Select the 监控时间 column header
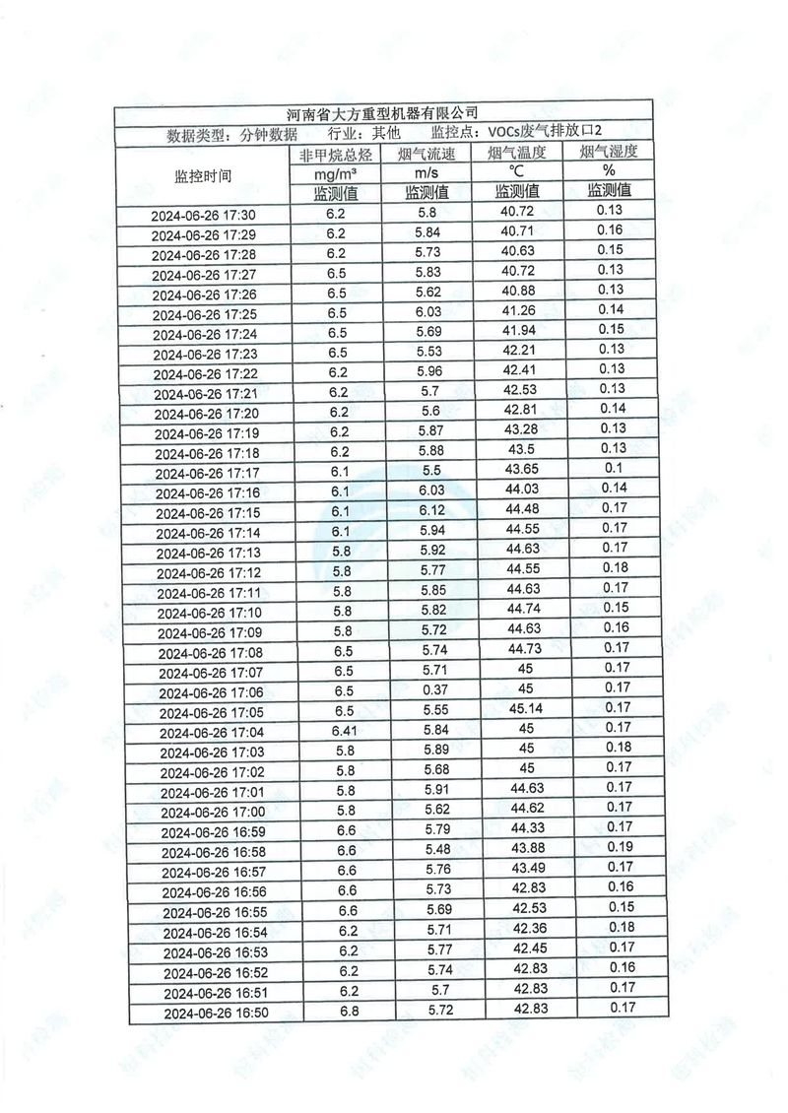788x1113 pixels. [203, 176]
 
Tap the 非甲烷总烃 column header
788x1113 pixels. [336, 155]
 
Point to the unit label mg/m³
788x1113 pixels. [336, 172]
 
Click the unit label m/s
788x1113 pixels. [426, 172]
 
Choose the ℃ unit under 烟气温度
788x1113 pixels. [517, 171]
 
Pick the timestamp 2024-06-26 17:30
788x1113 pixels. [204, 216]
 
